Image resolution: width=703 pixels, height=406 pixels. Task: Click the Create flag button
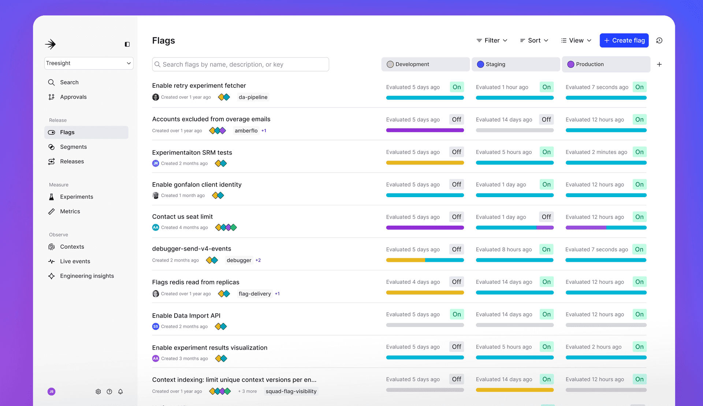click(x=624, y=41)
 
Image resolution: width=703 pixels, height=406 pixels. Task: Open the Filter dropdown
click(x=492, y=41)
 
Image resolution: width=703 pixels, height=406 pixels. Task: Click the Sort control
click(x=534, y=41)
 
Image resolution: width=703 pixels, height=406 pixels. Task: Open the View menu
click(x=576, y=41)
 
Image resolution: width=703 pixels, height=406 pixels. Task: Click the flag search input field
click(x=241, y=64)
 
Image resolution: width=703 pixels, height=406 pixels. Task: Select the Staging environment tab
click(x=516, y=64)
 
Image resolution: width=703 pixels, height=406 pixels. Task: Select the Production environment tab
click(x=606, y=64)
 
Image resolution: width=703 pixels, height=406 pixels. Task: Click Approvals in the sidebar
click(x=73, y=97)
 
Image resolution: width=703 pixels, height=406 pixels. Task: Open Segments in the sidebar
click(x=73, y=147)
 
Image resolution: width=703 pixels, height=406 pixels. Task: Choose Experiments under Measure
click(x=77, y=197)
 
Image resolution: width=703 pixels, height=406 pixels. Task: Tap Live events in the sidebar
click(x=75, y=261)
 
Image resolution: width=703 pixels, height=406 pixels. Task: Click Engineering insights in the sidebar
click(x=87, y=276)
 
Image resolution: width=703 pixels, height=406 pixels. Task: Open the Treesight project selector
click(x=89, y=63)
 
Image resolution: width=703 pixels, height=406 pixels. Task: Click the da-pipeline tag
click(x=253, y=97)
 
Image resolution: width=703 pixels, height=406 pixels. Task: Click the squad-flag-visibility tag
click(x=291, y=391)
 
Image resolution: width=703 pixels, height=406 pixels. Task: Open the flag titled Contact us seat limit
click(x=182, y=217)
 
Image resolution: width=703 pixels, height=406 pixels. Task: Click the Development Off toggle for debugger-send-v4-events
click(x=457, y=249)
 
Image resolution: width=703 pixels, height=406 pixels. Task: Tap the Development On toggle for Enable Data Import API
click(x=457, y=315)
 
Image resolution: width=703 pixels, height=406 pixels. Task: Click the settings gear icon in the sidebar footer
click(x=98, y=392)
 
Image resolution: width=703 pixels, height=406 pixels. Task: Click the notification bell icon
click(x=120, y=392)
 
